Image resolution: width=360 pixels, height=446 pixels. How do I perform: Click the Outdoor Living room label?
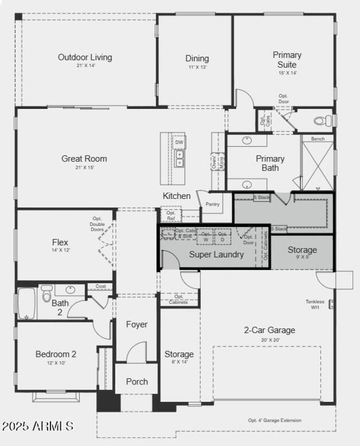click(x=85, y=58)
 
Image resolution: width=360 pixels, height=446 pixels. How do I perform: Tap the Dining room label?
click(x=197, y=59)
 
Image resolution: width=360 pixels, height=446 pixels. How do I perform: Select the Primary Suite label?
click(x=287, y=59)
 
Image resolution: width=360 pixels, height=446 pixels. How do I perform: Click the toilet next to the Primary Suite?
click(x=320, y=121)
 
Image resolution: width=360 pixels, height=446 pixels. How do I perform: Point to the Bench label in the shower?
click(x=318, y=139)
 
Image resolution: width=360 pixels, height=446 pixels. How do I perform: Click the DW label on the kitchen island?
click(x=179, y=142)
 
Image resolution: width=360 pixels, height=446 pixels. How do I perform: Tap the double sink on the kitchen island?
click(x=180, y=158)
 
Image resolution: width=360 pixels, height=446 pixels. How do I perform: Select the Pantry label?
click(x=212, y=204)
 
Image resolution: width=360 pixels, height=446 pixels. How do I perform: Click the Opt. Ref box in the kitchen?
click(x=171, y=215)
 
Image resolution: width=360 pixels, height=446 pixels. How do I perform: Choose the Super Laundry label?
click(x=216, y=254)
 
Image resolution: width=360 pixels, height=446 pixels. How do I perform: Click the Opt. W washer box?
click(x=205, y=237)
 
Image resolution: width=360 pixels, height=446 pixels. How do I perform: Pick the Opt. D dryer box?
click(x=222, y=237)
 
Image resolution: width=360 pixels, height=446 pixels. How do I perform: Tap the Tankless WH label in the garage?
click(x=315, y=305)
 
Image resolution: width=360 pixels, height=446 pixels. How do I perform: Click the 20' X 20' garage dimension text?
click(x=270, y=340)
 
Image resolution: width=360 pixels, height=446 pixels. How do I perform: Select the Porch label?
click(x=137, y=382)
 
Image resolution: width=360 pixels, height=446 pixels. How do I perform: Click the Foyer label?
click(x=136, y=324)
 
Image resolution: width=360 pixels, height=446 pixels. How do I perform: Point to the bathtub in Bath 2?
click(x=27, y=303)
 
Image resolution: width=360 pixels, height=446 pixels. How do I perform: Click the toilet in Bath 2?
click(x=46, y=295)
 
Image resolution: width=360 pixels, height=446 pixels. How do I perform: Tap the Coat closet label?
click(x=100, y=286)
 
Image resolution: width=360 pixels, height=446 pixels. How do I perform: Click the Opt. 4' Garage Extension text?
click(x=274, y=420)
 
